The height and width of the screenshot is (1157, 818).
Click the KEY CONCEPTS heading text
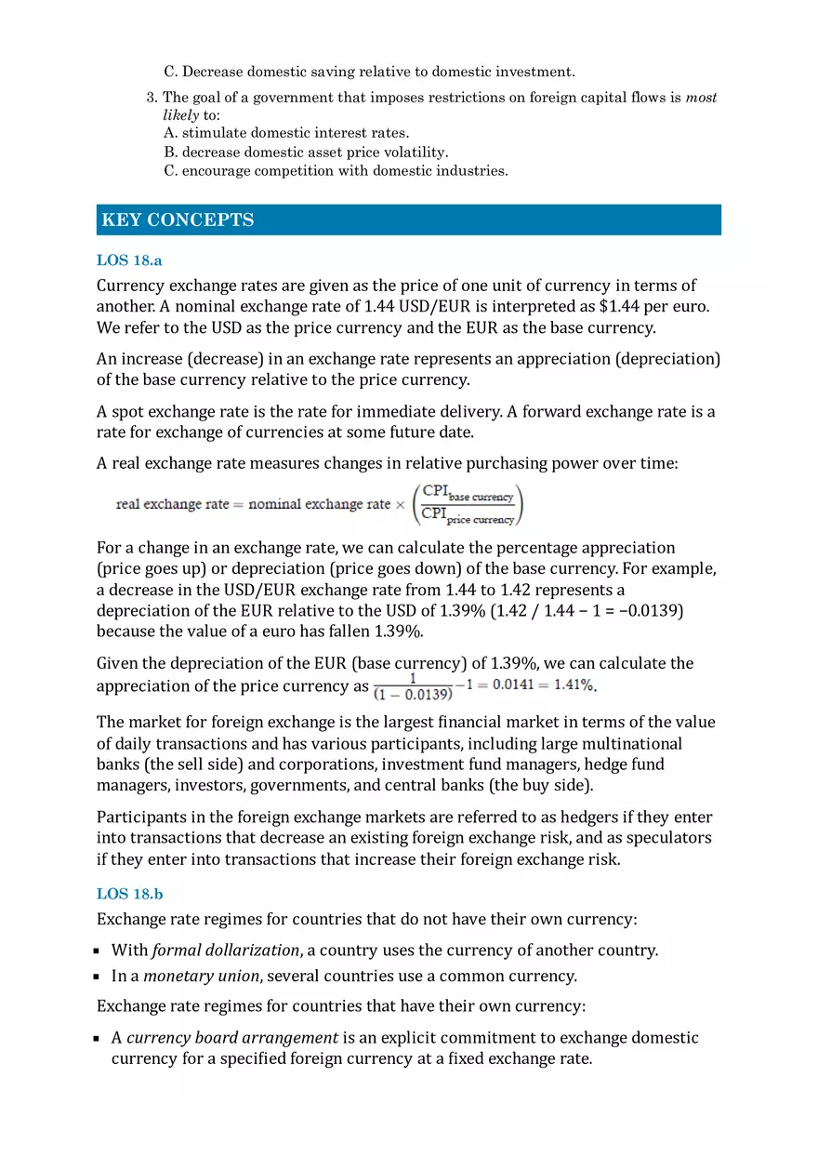[x=178, y=220]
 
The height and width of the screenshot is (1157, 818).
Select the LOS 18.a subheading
[x=129, y=260]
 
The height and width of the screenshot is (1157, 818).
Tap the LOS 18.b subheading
[x=129, y=894]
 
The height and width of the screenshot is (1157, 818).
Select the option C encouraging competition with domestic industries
[x=336, y=170]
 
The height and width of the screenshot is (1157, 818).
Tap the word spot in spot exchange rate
[x=127, y=412]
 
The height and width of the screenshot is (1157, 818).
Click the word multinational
[x=627, y=744]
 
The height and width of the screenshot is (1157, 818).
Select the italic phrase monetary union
[x=201, y=977]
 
